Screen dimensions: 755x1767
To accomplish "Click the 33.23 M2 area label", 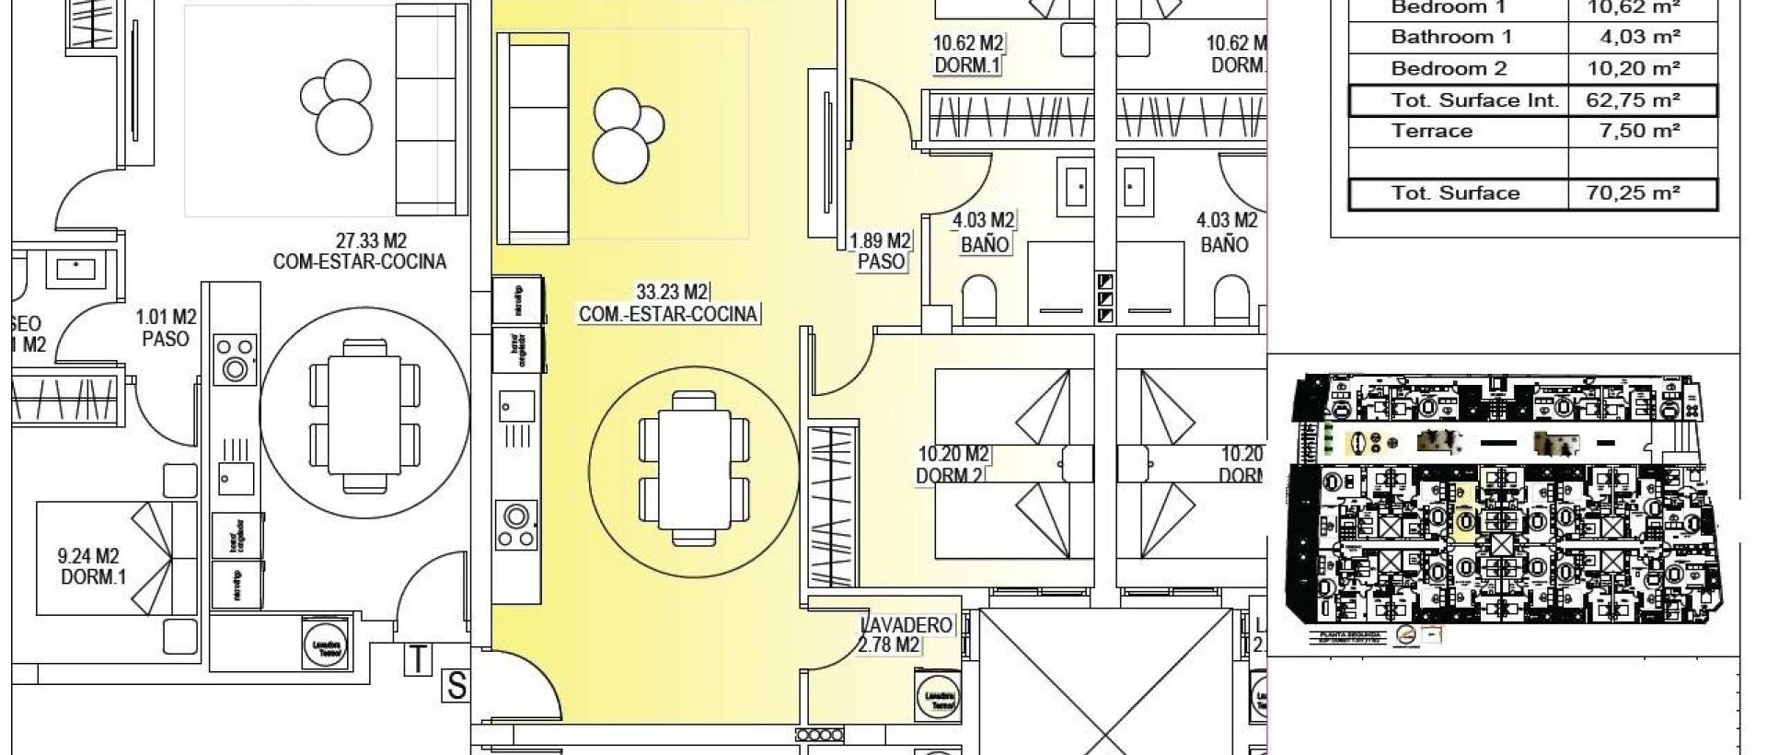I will click(x=672, y=293).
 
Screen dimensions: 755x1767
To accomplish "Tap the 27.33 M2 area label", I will click(x=371, y=241).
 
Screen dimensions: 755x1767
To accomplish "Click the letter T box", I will click(x=418, y=659).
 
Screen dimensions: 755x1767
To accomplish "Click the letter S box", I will click(x=456, y=686).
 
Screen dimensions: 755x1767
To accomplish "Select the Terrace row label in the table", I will click(x=1431, y=131).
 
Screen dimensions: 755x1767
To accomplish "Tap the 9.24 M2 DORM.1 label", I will click(x=91, y=567).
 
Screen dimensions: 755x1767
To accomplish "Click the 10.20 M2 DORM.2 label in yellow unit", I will click(x=953, y=464).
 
